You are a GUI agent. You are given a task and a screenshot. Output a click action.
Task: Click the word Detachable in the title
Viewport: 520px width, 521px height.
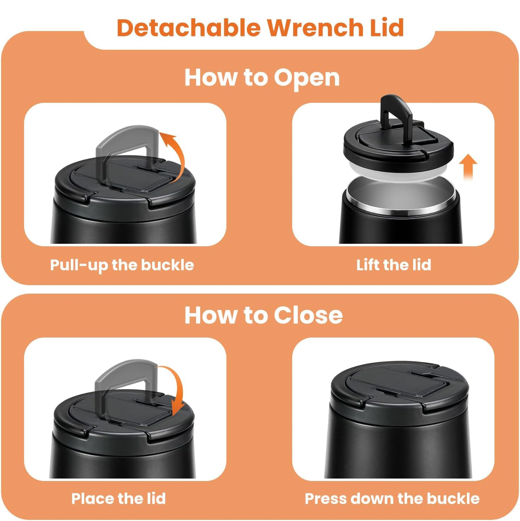(189, 28)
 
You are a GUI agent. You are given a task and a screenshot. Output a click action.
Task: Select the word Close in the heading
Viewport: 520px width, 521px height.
(308, 315)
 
